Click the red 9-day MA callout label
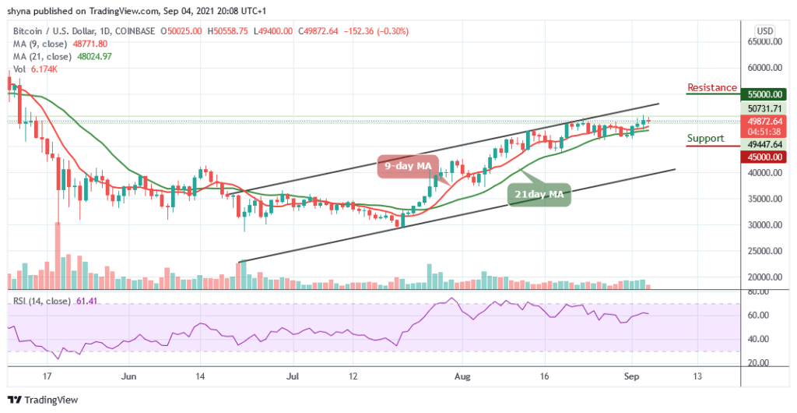pyautogui.click(x=409, y=166)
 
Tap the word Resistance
pyautogui.click(x=711, y=87)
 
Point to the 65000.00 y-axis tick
pyautogui.click(x=766, y=44)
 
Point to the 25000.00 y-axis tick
pyautogui.click(x=766, y=251)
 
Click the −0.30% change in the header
pyautogui.click(x=392, y=31)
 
